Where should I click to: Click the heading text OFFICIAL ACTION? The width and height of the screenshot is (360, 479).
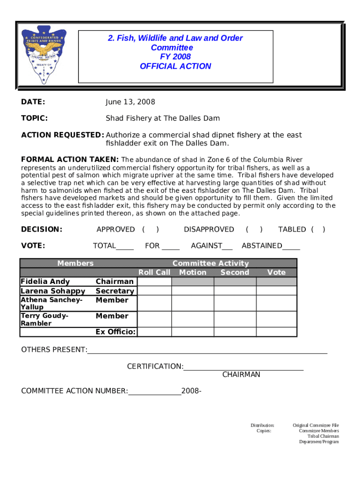point(175,66)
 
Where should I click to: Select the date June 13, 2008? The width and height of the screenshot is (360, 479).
point(130,102)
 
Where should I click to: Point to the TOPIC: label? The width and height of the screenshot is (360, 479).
point(34,118)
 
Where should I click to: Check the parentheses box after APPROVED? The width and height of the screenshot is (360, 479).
point(151,229)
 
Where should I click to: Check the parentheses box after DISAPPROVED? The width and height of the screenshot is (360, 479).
point(254,229)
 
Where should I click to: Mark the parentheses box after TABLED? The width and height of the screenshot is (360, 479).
point(318,229)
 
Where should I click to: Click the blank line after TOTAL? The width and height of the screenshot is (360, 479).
point(125,246)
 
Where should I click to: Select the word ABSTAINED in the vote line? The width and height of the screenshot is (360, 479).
point(261,246)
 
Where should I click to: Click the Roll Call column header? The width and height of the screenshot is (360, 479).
point(154,272)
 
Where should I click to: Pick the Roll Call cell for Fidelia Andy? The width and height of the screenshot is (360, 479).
point(154,282)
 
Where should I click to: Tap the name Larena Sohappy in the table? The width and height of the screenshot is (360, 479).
point(53,291)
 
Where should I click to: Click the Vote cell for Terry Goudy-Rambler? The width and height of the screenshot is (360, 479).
point(276,319)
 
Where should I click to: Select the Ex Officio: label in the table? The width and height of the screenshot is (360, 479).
point(115,332)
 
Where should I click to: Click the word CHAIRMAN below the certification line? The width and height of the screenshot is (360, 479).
point(241,375)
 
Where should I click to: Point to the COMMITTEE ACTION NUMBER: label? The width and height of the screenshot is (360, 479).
point(74,391)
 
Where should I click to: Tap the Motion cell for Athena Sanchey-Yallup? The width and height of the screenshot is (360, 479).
point(193,303)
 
